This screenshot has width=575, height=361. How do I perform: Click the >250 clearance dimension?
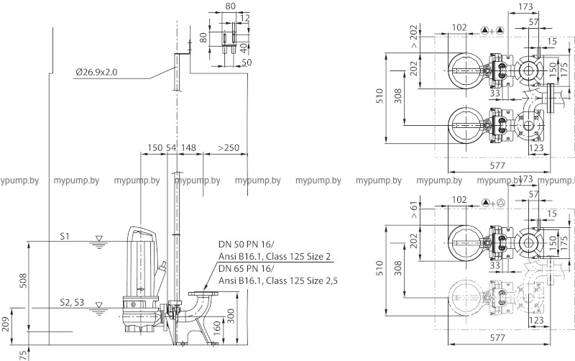229,148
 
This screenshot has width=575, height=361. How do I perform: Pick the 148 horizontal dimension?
188,148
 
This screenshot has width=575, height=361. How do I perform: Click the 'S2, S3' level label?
73,303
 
